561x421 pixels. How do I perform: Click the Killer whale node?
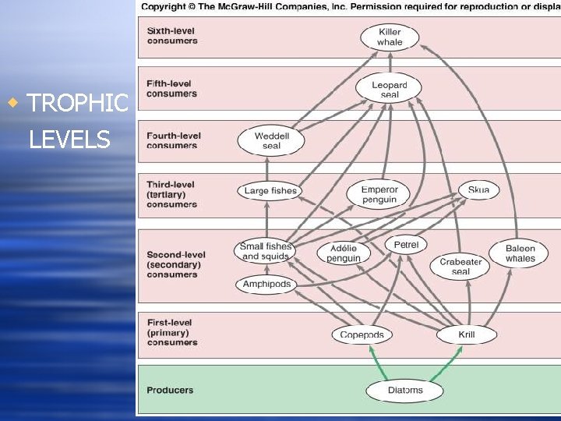[x=390, y=37]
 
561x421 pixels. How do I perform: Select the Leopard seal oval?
[x=389, y=89]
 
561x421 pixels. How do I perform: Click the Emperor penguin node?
[x=379, y=194]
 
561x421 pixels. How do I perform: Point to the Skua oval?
[x=478, y=189]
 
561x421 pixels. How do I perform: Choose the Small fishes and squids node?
[x=266, y=251]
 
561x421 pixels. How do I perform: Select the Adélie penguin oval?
[x=344, y=253]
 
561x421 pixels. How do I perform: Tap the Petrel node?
[x=406, y=244]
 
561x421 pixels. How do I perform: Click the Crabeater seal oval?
[x=460, y=267]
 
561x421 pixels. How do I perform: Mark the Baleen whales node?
[x=520, y=253]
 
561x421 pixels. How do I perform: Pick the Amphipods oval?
[x=266, y=285]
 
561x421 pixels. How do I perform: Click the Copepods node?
[x=362, y=335]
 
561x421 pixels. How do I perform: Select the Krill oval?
[x=466, y=335]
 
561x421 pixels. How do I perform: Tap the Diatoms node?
[x=404, y=390]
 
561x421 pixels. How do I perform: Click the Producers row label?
[x=170, y=390]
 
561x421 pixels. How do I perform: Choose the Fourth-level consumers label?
[x=173, y=140]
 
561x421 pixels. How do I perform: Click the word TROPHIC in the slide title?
[x=77, y=103]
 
